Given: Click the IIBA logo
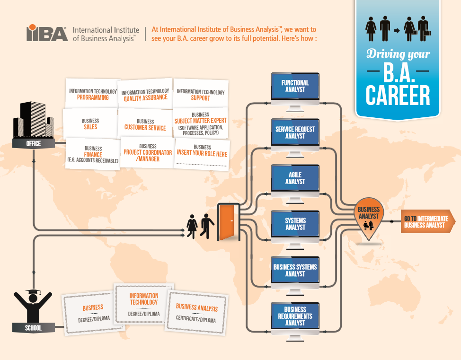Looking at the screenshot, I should [x=47, y=33].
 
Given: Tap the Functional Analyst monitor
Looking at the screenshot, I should [x=295, y=87].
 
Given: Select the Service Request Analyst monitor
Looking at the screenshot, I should [x=295, y=132].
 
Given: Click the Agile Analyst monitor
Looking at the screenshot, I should [x=295, y=178].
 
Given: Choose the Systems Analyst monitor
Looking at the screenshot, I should [x=295, y=224].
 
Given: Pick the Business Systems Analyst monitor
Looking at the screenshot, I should [x=295, y=270].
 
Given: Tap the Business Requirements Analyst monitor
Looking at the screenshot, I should [x=295, y=316].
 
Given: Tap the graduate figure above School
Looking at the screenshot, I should [x=33, y=305].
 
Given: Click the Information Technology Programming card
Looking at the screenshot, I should [x=93, y=95].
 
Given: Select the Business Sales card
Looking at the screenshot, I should [x=90, y=124].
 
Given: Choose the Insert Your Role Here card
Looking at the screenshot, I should [x=202, y=153].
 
